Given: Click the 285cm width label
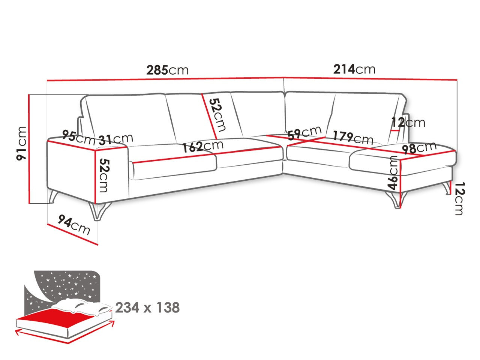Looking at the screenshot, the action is (167, 70).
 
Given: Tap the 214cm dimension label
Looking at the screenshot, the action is (354, 69).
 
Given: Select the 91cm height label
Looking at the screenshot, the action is (22, 143).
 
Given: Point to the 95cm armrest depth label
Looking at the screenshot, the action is (79, 138).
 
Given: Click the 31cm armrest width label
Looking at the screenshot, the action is (115, 139).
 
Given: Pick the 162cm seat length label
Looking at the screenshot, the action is (203, 146).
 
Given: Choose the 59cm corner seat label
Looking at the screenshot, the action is (304, 133).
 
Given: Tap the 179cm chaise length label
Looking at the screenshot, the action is (353, 138).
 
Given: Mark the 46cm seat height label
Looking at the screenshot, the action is (393, 172).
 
